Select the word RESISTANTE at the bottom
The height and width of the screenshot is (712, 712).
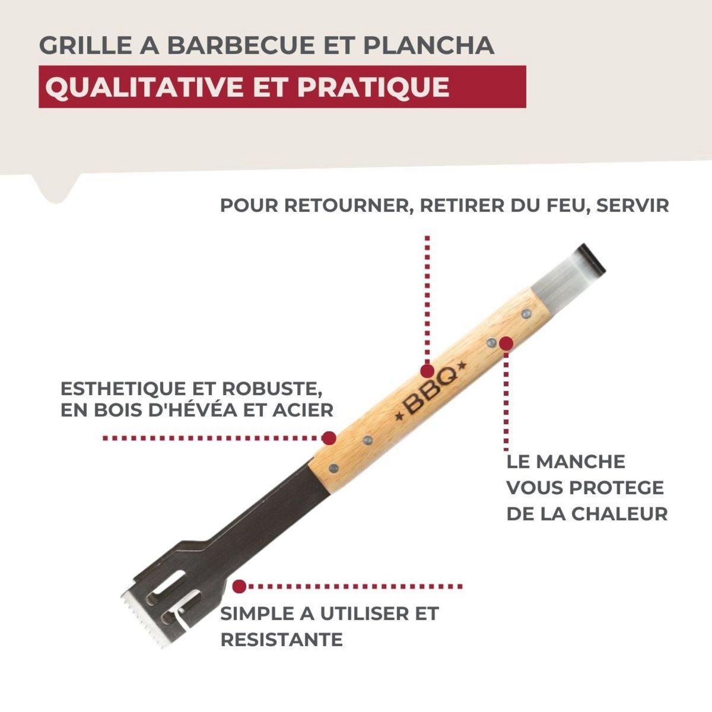281,640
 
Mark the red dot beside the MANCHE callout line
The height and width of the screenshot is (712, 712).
506,343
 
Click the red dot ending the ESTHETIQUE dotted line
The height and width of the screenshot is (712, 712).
328,438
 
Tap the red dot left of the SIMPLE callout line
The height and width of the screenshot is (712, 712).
239,587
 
